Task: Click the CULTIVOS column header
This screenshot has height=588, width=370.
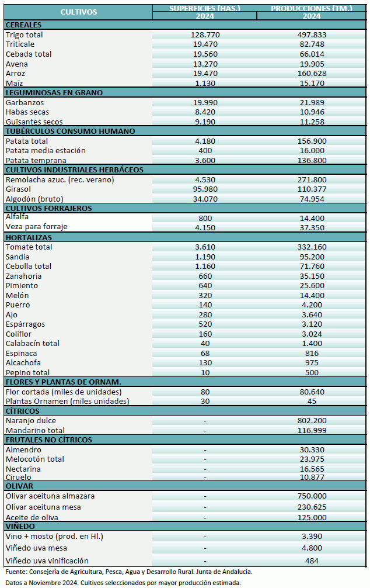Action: click(x=78, y=12)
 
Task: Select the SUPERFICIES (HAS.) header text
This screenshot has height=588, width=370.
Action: click(x=205, y=8)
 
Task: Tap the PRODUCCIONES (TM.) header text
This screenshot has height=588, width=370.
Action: click(x=311, y=8)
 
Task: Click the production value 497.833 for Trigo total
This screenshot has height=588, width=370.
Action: click(x=311, y=35)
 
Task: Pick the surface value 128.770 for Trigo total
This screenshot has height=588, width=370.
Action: click(x=205, y=35)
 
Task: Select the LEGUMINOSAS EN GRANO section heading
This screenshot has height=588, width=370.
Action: click(x=54, y=92)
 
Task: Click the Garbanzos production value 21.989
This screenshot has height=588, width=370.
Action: click(x=311, y=102)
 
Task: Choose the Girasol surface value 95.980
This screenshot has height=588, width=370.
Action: click(x=205, y=189)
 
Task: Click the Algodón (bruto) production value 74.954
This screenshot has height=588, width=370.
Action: click(x=311, y=199)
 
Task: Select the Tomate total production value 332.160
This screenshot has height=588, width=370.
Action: click(x=311, y=247)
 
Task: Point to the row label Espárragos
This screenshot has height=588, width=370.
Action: click(x=25, y=324)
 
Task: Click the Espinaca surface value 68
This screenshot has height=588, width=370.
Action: click(x=205, y=353)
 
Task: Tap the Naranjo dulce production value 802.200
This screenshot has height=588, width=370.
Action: click(x=311, y=421)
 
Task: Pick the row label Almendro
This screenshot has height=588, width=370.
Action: click(x=23, y=450)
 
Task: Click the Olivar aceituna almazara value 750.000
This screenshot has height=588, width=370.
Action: click(x=311, y=496)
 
